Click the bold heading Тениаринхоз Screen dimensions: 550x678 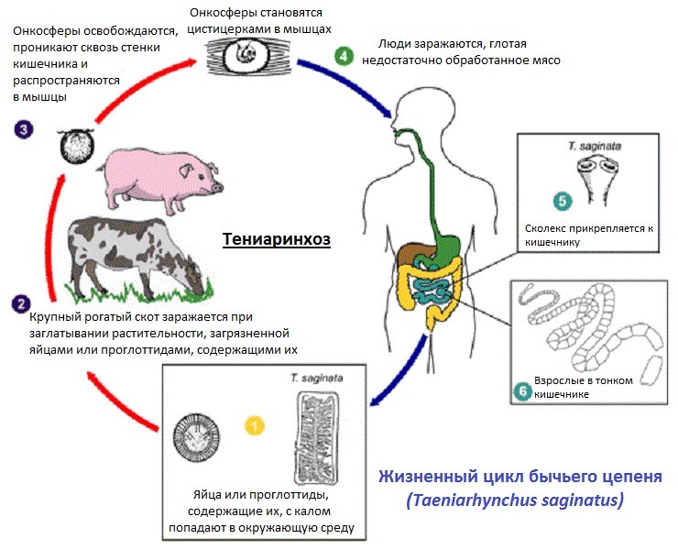[x=276, y=239]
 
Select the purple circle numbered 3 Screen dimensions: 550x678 [x=24, y=129]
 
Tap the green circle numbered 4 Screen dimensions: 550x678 [x=344, y=56]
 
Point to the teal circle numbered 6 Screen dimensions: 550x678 [x=522, y=390]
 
